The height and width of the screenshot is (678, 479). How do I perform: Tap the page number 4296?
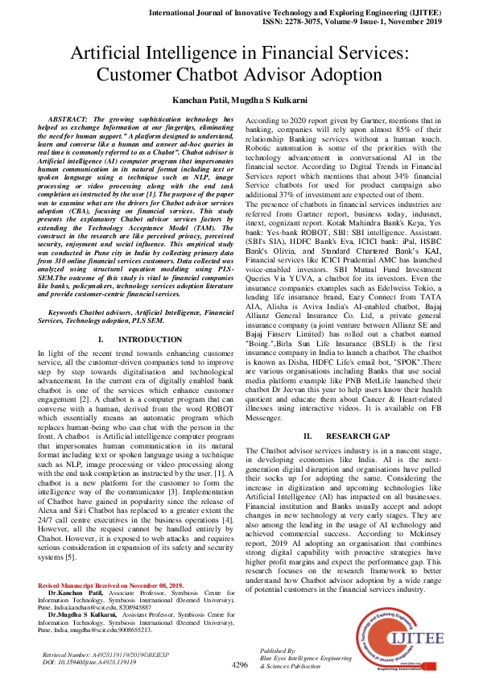tap(240, 666)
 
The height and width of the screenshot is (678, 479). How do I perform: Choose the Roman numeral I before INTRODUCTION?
tap(99, 341)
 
